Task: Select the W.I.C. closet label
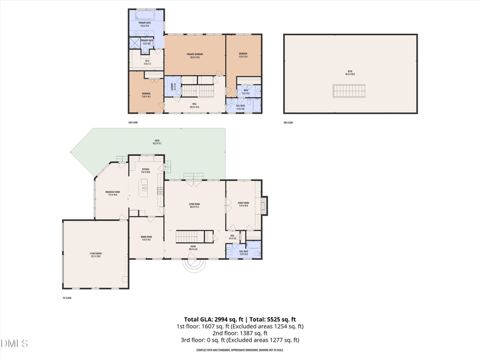click(147, 62)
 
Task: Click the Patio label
click(157, 142)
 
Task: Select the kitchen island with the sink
click(144, 187)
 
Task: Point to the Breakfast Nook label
click(113, 193)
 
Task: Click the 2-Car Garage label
click(95, 256)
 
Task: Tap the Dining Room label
click(146, 238)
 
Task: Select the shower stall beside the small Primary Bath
click(134, 43)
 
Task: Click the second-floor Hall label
click(194, 106)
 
